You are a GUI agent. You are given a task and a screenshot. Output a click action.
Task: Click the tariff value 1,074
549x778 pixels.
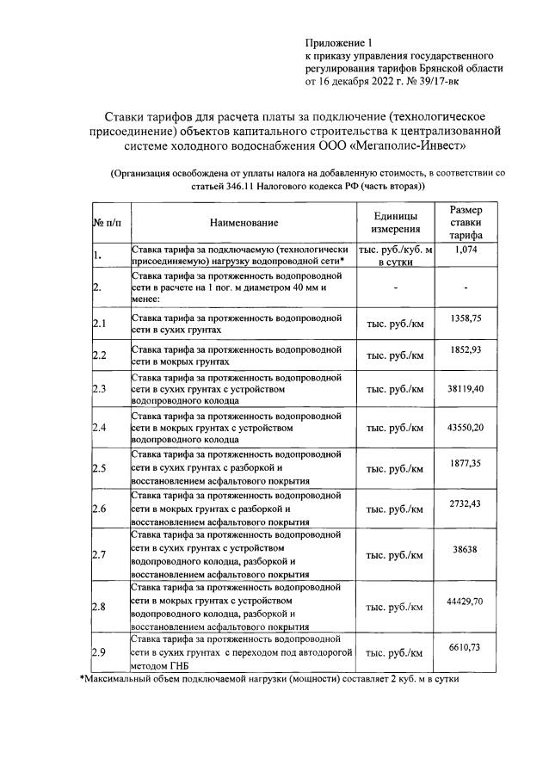point(466,250)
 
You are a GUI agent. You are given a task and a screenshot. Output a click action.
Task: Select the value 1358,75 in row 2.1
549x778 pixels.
point(466,318)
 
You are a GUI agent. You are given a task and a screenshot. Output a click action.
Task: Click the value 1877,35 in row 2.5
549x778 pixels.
point(466,463)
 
